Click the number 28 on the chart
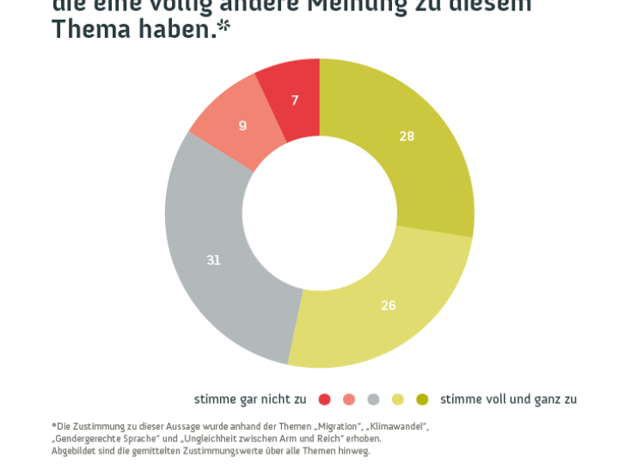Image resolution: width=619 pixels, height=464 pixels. tap(407, 136)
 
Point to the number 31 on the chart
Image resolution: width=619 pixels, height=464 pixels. tap(213, 259)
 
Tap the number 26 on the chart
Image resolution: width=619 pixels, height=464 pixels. tap(389, 305)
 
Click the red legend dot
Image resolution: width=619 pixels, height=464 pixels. tap(324, 399)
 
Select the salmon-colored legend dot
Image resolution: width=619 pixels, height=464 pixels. tap(348, 399)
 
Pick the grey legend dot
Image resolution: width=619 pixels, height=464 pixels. tap(373, 399)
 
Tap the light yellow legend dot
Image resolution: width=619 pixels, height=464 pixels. tap(397, 399)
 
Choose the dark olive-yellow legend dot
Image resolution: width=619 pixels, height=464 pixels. tap(421, 399)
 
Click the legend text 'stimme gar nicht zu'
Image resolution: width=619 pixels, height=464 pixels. tap(249, 399)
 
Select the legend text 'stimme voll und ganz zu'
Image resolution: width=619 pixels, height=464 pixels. tap(508, 399)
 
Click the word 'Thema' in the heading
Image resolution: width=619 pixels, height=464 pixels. tap(91, 29)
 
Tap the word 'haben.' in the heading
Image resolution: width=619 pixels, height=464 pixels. tap(176, 29)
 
